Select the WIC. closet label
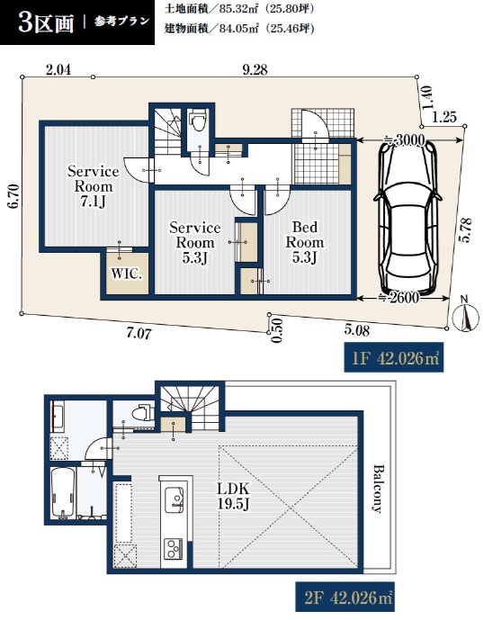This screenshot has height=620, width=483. coord(126,274)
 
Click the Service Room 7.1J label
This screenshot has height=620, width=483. coord(93,186)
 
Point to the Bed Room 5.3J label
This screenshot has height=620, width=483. coord(305,242)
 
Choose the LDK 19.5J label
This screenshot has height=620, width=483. coord(233,496)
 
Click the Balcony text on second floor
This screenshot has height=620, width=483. coord(379,489)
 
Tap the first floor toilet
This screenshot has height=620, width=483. coord(198,121)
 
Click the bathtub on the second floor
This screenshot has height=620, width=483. coord(62,493)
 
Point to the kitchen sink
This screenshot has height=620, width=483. coord(174,499)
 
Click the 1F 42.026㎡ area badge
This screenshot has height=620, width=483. coord(394,359)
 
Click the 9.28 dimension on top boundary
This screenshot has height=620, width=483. coord(255,69)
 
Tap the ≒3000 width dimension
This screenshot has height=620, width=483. coord(405,140)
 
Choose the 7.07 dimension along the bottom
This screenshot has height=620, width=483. coord(139,333)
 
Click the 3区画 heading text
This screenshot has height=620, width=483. coord(46,23)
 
